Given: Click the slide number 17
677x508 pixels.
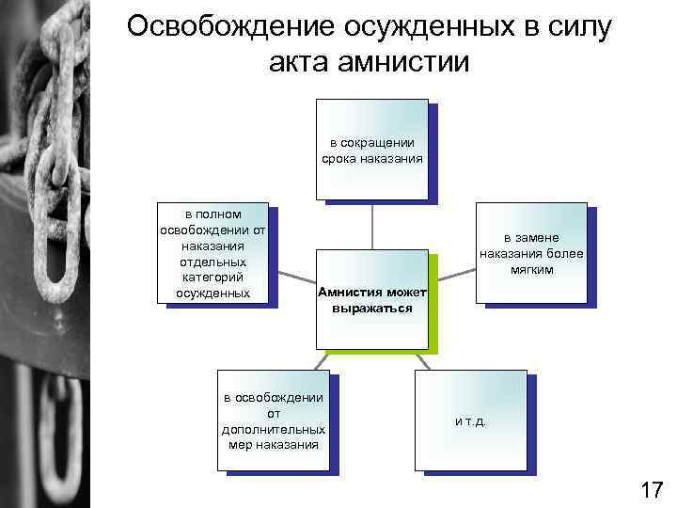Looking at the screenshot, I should click(x=651, y=489).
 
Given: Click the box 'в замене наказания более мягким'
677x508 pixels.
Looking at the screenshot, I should click(x=531, y=253).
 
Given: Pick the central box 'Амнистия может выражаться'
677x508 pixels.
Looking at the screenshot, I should click(x=372, y=299).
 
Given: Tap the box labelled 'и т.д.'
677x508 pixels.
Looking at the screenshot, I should click(x=470, y=420).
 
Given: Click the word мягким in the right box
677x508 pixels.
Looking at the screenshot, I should click(x=531, y=269).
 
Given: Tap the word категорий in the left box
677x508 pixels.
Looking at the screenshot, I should click(x=213, y=278).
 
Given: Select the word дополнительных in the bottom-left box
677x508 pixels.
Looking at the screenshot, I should click(x=274, y=428).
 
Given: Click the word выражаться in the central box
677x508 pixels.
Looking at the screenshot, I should click(x=372, y=308).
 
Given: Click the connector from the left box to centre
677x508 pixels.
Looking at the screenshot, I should click(x=292, y=279).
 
